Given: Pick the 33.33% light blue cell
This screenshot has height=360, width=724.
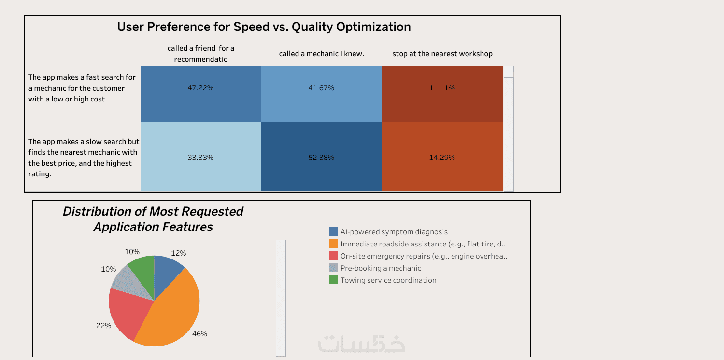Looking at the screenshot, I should [x=200, y=157].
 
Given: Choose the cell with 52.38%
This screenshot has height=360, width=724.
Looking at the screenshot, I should [x=321, y=157].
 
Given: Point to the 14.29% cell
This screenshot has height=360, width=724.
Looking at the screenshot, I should [x=442, y=157].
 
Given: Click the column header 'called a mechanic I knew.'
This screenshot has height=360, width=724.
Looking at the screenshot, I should [x=322, y=54].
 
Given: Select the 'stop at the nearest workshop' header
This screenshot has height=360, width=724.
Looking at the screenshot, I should [x=442, y=54].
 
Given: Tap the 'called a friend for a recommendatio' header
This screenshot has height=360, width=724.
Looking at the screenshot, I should [x=200, y=54].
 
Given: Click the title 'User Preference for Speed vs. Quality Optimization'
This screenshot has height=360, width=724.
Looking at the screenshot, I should [x=264, y=27].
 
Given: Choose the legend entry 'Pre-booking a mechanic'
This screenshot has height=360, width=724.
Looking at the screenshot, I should [x=380, y=268].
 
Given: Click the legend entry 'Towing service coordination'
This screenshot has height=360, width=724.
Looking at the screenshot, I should [x=388, y=280].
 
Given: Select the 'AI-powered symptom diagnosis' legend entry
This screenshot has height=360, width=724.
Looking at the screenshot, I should [x=394, y=232].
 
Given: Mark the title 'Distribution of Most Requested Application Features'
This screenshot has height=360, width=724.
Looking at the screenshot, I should [x=153, y=218].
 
